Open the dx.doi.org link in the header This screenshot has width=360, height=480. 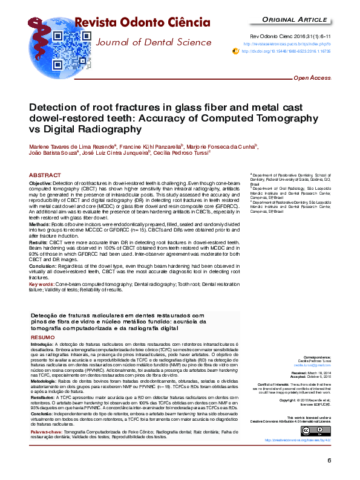(x=286, y=52)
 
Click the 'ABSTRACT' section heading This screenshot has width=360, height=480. (x=45, y=175)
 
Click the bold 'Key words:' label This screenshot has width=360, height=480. (x=42, y=283)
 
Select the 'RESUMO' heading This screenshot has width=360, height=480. (x=42, y=337)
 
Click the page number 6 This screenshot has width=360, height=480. (x=329, y=461)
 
